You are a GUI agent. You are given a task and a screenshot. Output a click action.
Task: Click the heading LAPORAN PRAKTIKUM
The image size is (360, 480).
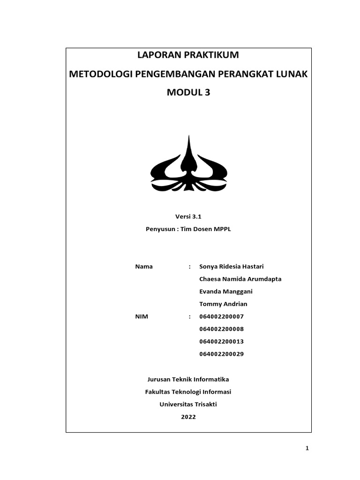(188, 55)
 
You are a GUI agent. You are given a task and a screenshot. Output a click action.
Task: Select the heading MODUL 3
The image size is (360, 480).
(188, 93)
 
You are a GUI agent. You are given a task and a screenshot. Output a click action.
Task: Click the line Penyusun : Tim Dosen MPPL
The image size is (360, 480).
(188, 230)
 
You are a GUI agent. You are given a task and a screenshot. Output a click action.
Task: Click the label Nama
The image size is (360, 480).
(144, 267)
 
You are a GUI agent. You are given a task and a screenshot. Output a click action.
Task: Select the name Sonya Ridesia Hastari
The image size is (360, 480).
(232, 267)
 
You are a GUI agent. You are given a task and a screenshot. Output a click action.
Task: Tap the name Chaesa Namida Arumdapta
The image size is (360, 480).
(240, 279)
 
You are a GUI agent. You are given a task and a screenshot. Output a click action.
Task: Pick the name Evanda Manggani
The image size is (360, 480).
(226, 292)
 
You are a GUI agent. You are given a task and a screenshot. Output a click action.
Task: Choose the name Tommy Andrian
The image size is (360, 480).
(223, 304)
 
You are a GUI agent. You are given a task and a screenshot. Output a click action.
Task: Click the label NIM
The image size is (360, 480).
(142, 316)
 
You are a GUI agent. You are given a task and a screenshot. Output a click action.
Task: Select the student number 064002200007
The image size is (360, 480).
(221, 316)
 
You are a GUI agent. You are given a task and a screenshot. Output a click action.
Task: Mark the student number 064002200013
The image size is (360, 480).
(221, 341)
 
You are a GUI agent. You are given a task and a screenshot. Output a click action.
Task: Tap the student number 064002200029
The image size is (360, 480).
(221, 354)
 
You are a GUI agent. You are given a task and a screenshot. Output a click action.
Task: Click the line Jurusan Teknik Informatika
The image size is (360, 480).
(188, 379)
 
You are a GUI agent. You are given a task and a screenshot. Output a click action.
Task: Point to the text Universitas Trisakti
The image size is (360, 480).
(188, 404)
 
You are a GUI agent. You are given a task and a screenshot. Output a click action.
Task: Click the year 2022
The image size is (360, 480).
(188, 417)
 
